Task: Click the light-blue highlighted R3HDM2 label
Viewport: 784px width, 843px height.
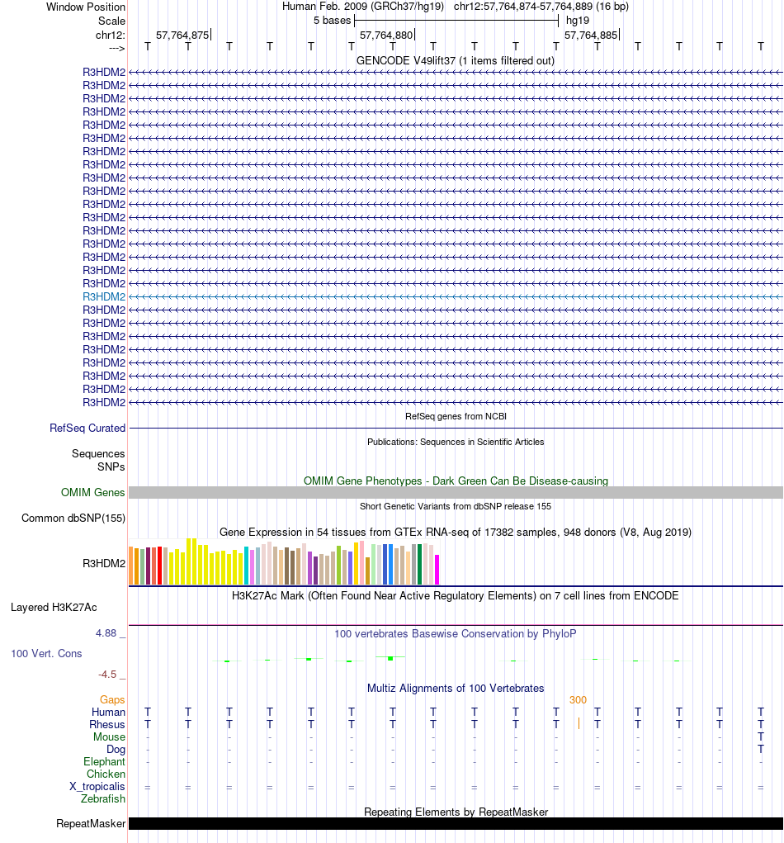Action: [104, 296]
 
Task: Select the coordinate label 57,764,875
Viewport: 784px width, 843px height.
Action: [182, 35]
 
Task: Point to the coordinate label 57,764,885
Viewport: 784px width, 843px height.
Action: [590, 35]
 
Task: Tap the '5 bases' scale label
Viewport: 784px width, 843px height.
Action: [332, 20]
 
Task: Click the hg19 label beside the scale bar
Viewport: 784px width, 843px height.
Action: [577, 20]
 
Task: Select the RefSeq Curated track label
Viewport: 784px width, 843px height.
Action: [87, 429]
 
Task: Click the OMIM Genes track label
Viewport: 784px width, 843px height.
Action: [93, 493]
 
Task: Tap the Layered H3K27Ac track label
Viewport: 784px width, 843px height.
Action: [54, 608]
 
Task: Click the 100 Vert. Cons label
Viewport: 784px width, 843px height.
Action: [46, 654]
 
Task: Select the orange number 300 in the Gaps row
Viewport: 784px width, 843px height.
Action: [578, 700]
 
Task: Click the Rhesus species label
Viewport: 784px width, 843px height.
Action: [107, 725]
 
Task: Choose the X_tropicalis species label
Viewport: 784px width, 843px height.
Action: [97, 787]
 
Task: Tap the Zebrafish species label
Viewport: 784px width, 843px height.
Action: [103, 799]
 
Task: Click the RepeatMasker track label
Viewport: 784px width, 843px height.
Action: [91, 824]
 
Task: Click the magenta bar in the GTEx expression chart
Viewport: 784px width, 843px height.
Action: [437, 570]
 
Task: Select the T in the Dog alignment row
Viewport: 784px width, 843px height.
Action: [761, 750]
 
